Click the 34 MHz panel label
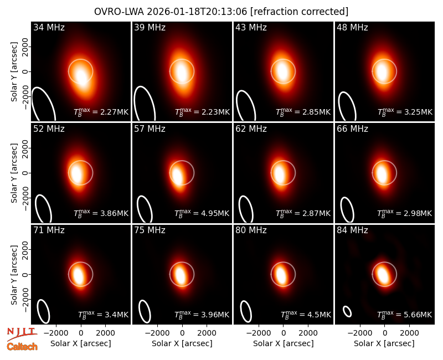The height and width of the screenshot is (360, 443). (49, 27)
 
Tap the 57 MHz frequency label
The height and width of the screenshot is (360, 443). (150, 129)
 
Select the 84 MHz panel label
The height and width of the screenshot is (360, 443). (352, 230)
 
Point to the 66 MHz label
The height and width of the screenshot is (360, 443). (352, 129)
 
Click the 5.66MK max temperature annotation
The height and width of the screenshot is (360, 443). (405, 314)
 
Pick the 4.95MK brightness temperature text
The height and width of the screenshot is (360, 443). (202, 213)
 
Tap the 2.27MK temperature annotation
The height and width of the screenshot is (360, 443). (101, 111)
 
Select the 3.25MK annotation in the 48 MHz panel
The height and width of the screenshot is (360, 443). (405, 111)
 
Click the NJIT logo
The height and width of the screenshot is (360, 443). (22, 334)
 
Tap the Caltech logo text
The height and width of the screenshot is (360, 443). (22, 347)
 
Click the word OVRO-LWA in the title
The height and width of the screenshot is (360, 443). (119, 12)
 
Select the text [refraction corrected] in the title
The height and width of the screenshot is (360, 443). (299, 12)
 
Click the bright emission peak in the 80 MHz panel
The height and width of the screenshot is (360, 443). (281, 273)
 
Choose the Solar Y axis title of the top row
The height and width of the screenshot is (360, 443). (14, 72)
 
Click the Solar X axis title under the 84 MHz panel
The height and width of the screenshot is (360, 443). (384, 343)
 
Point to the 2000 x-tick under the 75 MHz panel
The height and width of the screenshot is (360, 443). (207, 333)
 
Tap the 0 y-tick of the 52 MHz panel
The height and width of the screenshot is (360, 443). (25, 173)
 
